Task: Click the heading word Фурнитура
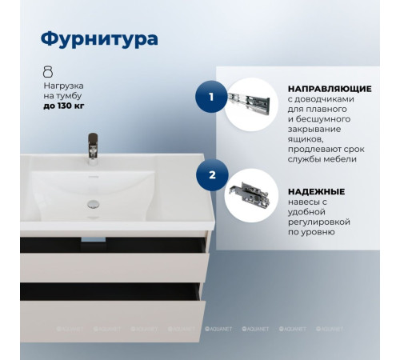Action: point(98,39)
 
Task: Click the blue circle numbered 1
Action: point(211,97)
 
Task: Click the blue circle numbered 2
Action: point(211,174)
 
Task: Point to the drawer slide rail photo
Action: point(250,99)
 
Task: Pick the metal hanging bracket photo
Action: point(250,193)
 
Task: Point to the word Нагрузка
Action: point(63,85)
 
